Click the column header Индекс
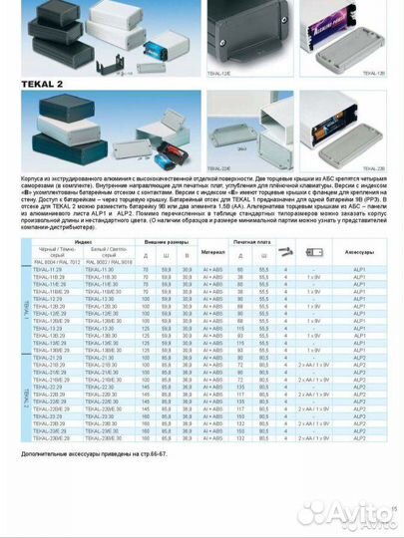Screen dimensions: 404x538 (83, 241)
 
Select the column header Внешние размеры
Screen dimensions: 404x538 (168, 241)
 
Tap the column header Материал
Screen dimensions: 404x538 (213, 251)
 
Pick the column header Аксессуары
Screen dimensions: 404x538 (360, 251)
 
